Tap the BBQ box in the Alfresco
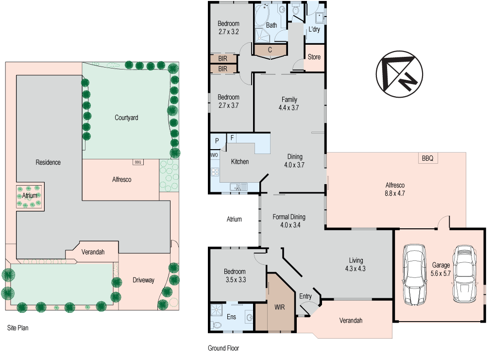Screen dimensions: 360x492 point(427,158)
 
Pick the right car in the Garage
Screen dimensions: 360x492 point(463,274)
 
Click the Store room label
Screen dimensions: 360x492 point(314,57)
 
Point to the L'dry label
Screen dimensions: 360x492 point(314,30)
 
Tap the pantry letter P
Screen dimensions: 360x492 point(217,140)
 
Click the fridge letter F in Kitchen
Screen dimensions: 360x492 point(233,138)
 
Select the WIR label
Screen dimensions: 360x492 point(279,307)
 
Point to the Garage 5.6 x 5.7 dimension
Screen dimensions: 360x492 point(441,274)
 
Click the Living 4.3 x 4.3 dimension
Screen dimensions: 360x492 point(355,269)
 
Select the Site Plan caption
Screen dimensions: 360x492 point(17,328)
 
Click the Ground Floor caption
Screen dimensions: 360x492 point(223,348)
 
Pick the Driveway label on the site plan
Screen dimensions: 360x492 point(143,280)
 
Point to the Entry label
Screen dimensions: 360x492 point(305,296)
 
